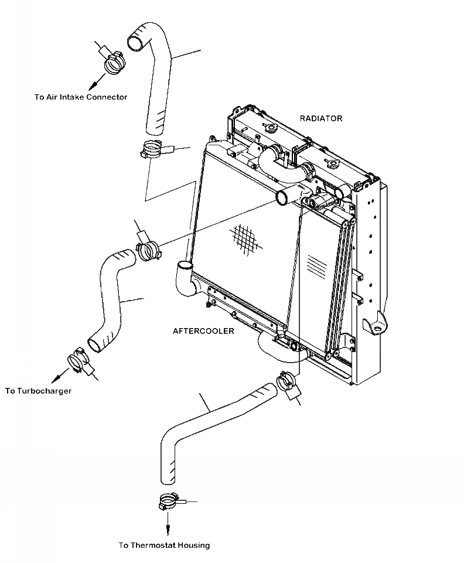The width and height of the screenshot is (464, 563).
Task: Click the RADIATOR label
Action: coord(321,118)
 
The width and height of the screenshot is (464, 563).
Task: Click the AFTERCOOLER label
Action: coord(203,331)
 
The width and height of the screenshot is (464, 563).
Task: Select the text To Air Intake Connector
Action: coord(81,97)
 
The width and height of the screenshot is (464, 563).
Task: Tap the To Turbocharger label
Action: coord(38,391)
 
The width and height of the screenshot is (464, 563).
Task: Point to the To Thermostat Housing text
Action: coord(164,545)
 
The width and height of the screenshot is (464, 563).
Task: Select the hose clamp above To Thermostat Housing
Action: coord(168,503)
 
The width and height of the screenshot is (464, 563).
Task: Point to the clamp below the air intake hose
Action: coord(152,151)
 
